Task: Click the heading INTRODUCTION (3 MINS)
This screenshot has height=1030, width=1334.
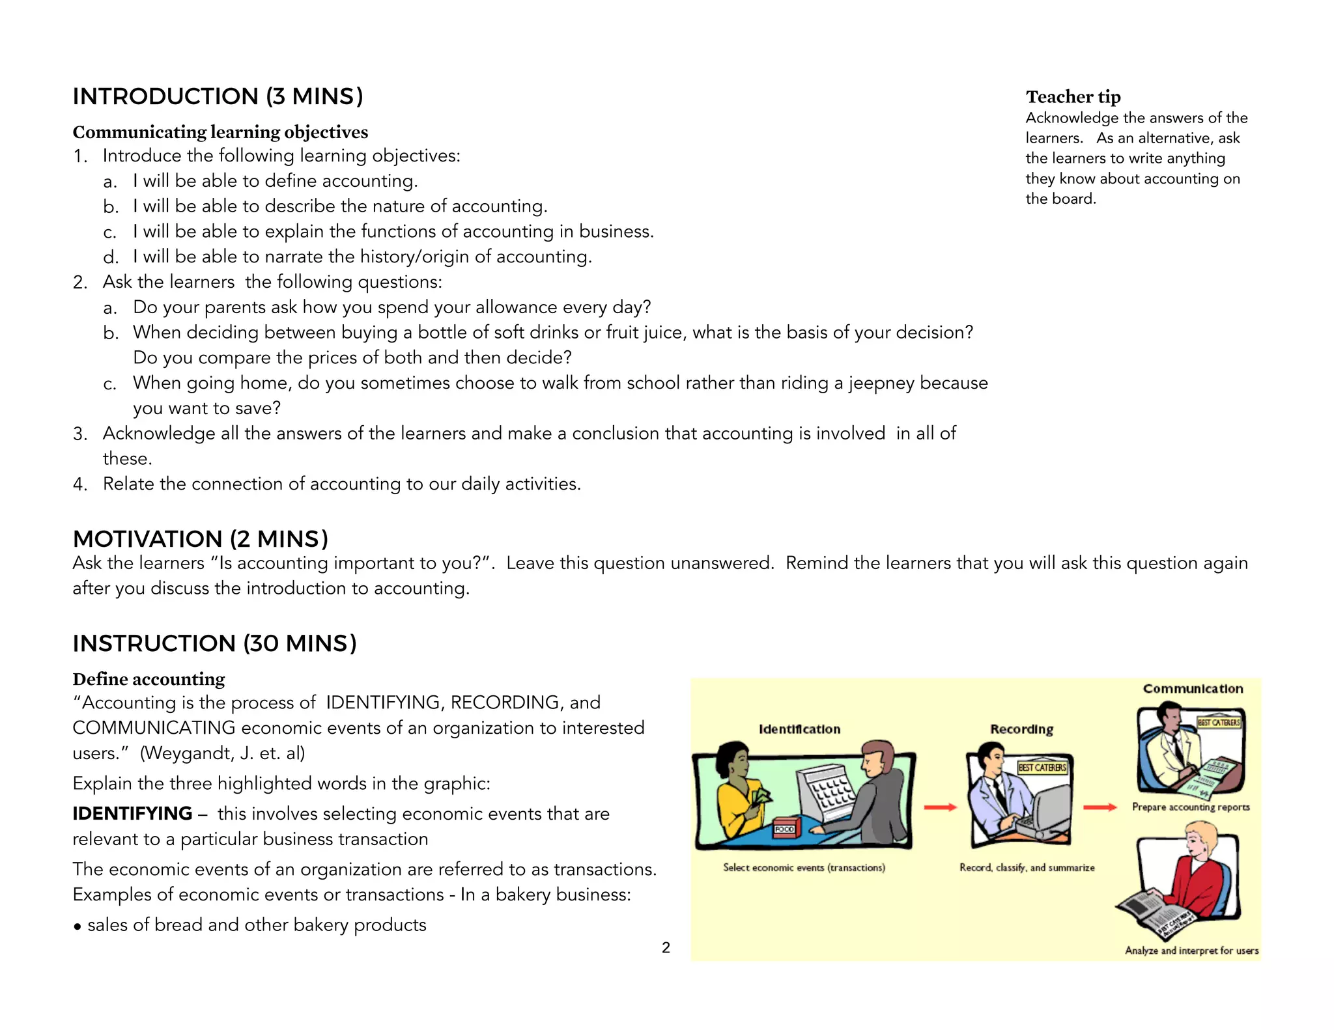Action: coord(218,96)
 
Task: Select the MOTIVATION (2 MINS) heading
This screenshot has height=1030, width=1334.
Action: coord(200,539)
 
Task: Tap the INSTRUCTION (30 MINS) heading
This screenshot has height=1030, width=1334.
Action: coord(214,643)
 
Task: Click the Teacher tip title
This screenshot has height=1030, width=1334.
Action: coord(1073,97)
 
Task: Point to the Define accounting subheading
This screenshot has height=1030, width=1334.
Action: coord(149,679)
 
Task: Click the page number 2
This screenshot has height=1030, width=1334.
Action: coord(666,947)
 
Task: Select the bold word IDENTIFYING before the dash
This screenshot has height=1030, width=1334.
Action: coord(132,814)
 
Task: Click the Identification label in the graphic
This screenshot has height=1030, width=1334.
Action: coord(799,729)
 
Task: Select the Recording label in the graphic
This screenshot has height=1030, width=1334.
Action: coord(1021,729)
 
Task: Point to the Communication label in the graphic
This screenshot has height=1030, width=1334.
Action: coord(1193,689)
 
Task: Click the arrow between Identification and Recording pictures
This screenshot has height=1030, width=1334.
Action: coord(940,807)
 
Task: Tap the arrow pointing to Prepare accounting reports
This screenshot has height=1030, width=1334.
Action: coord(1100,807)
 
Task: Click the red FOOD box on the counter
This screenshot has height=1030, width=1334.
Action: coord(784,828)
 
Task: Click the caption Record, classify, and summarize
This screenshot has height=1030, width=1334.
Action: coord(1027,867)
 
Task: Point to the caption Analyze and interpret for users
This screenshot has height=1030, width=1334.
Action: coord(1191,951)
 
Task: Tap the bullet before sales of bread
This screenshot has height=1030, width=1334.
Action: coord(78,926)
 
